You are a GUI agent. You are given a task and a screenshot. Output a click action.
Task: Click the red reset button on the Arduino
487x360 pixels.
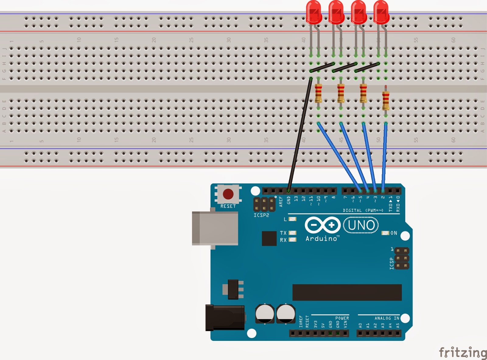pos(228,194)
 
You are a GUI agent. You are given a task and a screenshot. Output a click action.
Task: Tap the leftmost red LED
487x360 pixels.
pos(314,12)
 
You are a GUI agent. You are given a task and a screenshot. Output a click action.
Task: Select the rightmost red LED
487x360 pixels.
pos(381,12)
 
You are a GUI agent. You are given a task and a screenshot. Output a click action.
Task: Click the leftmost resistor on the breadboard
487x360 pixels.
pos(318,93)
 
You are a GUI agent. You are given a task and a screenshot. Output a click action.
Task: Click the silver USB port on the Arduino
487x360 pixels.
pos(215,228)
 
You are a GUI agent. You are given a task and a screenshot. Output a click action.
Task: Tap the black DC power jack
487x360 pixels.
pos(225,318)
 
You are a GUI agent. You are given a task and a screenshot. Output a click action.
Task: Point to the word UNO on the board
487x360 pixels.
pos(361,225)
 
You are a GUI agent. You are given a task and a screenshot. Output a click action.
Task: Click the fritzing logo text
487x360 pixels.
pos(462,352)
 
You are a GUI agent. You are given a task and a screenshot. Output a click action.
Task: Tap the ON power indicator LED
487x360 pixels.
pos(385,233)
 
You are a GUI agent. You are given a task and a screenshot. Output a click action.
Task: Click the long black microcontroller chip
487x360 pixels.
pos(347,292)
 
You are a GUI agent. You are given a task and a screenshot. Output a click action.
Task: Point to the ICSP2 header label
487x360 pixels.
pos(261,215)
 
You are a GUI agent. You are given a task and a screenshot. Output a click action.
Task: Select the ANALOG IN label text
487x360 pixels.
pos(387,318)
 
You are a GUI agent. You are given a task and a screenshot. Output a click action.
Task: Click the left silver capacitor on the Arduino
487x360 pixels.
pos(265,313)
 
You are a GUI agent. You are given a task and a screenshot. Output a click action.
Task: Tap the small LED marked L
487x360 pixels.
pos(293,219)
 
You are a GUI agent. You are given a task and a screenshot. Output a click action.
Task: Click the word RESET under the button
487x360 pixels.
pos(228,206)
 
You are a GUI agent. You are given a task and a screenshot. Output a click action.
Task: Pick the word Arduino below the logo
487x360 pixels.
pos(321,239)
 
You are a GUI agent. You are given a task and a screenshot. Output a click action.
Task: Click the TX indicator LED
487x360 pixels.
pos(293,233)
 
